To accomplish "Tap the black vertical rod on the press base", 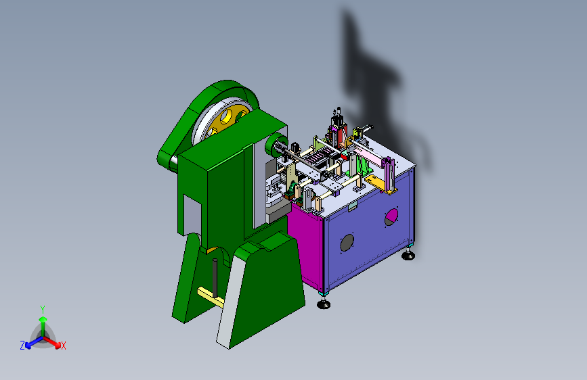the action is (215, 277).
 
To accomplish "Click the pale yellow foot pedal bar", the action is (211, 298).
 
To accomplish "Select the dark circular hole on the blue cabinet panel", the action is (347, 243).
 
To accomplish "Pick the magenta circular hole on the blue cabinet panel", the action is (391, 217).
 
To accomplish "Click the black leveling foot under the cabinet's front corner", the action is (324, 304).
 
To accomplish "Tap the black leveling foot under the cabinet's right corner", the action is (408, 256).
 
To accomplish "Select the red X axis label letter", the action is (63, 346).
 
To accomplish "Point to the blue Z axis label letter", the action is (22, 346).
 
